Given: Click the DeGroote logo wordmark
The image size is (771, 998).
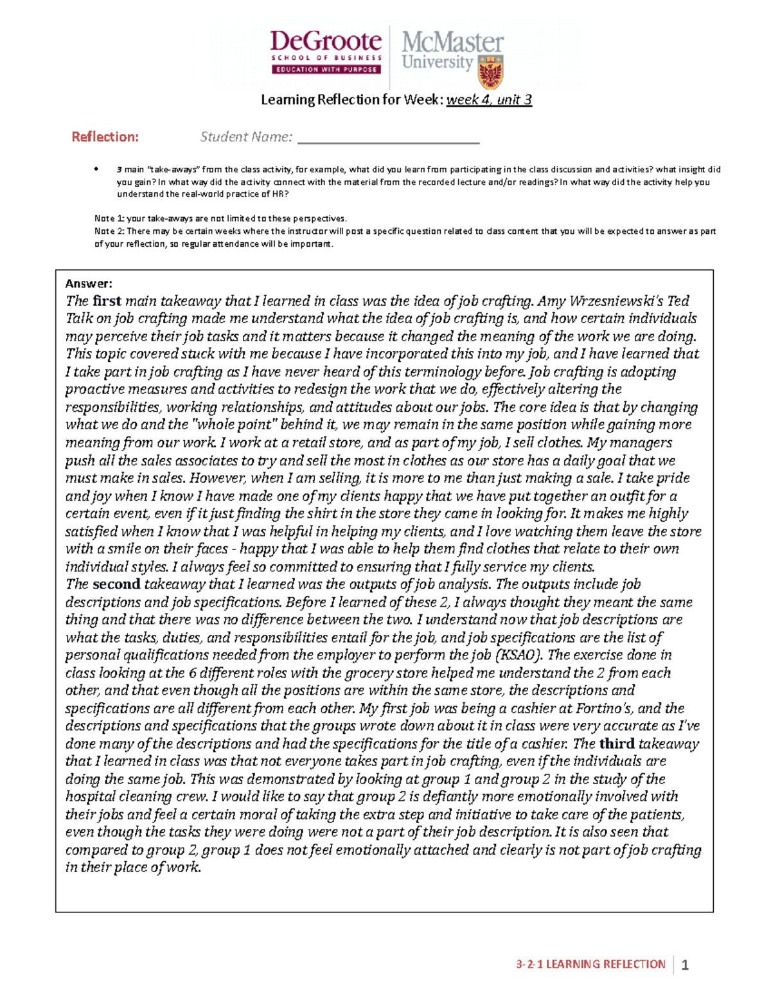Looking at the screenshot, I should (326, 42).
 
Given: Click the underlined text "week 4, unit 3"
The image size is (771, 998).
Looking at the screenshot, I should (489, 100).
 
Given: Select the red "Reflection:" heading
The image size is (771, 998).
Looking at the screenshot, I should (105, 137).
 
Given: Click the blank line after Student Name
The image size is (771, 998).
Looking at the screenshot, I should (389, 138).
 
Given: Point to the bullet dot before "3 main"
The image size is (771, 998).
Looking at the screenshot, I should (97, 170).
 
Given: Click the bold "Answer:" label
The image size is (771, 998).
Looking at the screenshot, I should (89, 283).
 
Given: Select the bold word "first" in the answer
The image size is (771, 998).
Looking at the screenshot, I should (107, 301).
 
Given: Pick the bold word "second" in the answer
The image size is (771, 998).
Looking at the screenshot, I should (116, 584).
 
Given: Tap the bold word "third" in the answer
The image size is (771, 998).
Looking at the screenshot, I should (616, 744).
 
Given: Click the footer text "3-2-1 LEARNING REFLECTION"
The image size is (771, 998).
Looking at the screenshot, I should (590, 964).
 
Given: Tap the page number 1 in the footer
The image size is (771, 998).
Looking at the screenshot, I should (685, 965).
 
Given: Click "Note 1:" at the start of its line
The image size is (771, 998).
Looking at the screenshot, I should (109, 218).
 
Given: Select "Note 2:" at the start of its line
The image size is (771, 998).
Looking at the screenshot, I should (109, 231).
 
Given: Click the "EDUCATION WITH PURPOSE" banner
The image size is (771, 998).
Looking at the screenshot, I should (326, 69).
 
